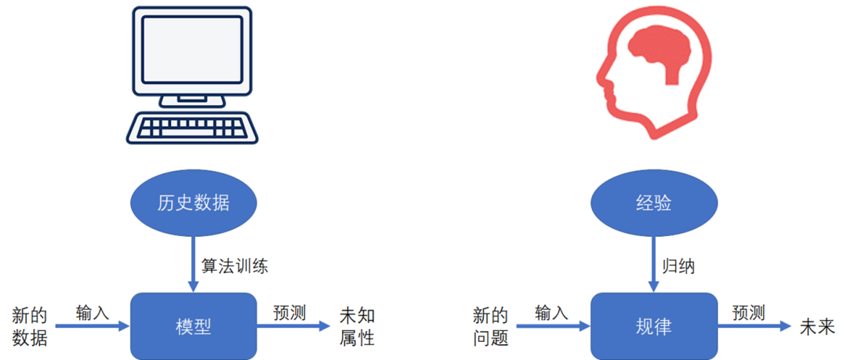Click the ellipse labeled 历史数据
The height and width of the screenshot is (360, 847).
[192, 202]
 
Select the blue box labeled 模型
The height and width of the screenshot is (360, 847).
[194, 325]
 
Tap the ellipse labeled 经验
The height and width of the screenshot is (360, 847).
[653, 202]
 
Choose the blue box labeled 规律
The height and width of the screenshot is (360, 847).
[653, 325]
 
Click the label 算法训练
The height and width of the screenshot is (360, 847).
[234, 266]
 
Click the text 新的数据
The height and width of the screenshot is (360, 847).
[30, 327]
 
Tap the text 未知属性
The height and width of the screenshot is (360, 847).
[357, 327]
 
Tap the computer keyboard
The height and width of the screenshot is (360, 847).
[194, 128]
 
